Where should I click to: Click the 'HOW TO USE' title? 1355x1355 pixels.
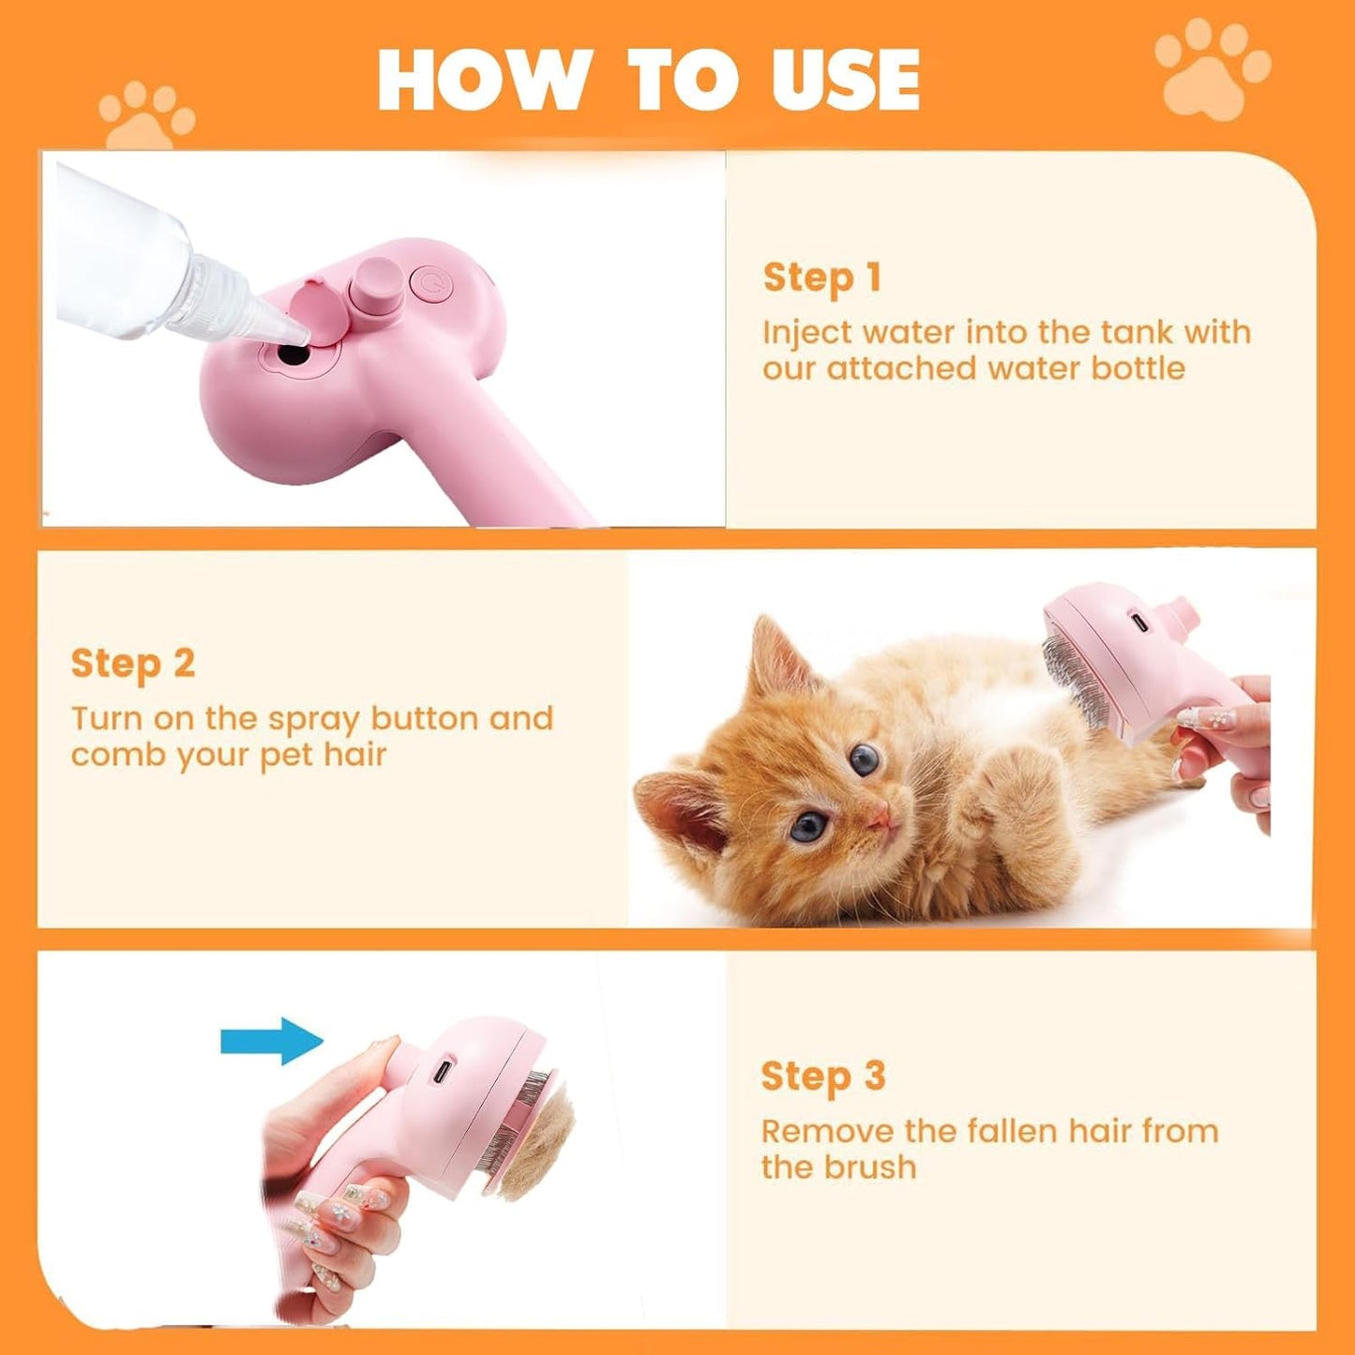pyautogui.click(x=648, y=79)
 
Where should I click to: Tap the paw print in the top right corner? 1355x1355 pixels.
pyautogui.click(x=1212, y=69)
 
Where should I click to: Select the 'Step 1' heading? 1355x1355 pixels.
pyautogui.click(x=821, y=278)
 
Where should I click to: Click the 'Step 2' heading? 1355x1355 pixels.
pyautogui.click(x=132, y=663)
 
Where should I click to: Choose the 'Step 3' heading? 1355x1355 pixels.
pyautogui.click(x=822, y=1076)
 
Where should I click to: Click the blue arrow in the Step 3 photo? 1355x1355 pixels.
pyautogui.click(x=272, y=1041)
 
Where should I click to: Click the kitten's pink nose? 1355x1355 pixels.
pyautogui.click(x=881, y=819)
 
